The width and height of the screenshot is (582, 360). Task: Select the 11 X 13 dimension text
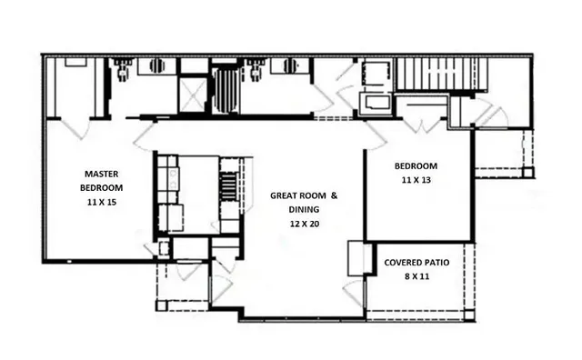click(x=416, y=181)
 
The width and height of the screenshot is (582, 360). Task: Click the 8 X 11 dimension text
click(x=415, y=276)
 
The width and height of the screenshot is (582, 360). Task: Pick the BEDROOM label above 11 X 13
click(x=416, y=166)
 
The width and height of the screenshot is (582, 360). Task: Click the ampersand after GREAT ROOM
click(x=334, y=195)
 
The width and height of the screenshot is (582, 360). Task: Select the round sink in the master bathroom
click(x=157, y=65)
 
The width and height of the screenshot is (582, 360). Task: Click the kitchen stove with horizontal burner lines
click(x=229, y=187)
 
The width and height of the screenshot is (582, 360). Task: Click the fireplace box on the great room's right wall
click(x=356, y=259)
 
